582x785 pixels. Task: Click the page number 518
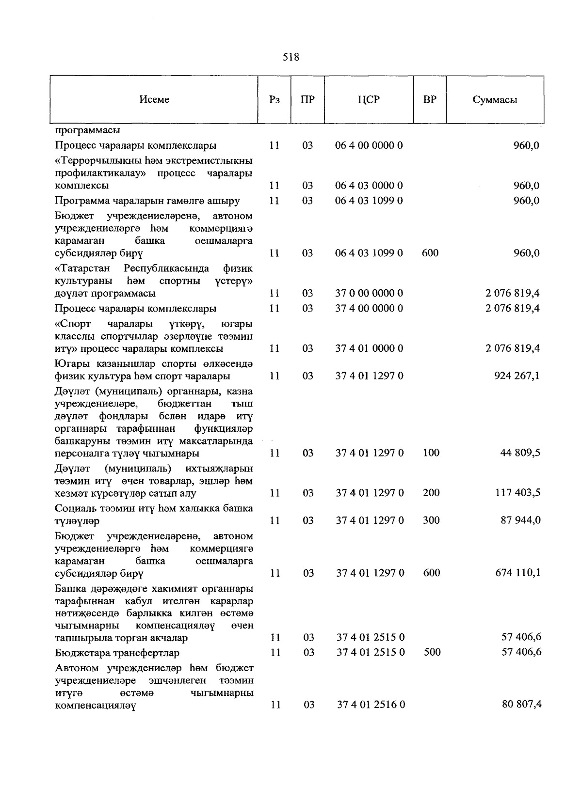(x=291, y=57)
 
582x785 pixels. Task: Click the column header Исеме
(x=154, y=99)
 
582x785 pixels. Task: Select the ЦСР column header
(x=369, y=99)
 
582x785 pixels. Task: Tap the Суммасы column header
(x=494, y=100)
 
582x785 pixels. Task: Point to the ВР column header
(x=429, y=99)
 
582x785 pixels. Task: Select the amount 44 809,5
(x=520, y=453)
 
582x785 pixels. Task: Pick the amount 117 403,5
(x=517, y=492)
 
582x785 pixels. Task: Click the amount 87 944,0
(x=520, y=520)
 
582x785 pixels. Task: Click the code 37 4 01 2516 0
(x=371, y=705)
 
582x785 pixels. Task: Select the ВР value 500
(x=432, y=652)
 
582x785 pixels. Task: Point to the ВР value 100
(x=431, y=453)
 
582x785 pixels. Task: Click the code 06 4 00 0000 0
(x=369, y=145)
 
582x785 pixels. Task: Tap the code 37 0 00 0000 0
(x=369, y=293)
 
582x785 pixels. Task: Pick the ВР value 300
(x=431, y=520)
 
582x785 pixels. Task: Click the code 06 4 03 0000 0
(x=369, y=186)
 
